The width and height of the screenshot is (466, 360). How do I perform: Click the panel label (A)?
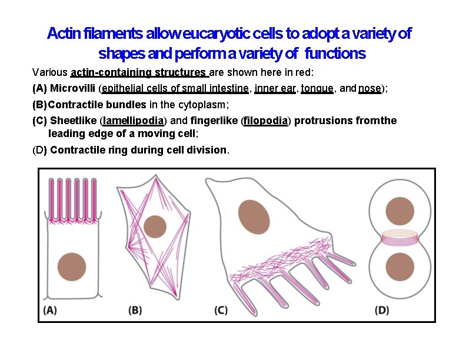coord(50,310)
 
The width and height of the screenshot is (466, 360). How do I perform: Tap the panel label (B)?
coord(135,310)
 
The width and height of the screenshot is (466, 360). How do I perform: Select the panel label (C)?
coord(221,310)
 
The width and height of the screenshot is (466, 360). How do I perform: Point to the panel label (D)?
coord(381,310)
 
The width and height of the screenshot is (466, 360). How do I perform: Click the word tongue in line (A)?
coord(317,89)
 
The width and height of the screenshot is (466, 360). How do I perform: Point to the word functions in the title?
coord(334,54)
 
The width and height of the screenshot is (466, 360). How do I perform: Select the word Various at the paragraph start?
coord(49,73)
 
